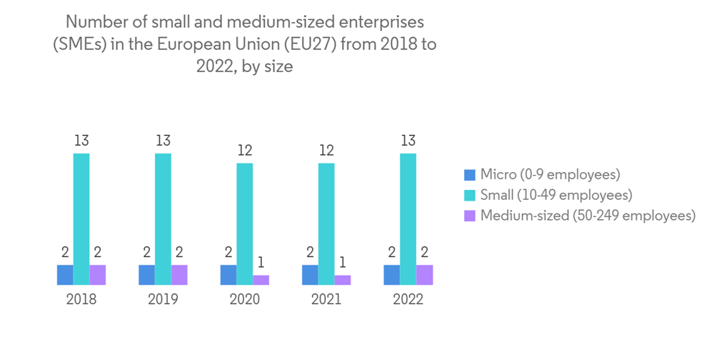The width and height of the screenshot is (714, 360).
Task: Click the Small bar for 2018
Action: click(x=81, y=219)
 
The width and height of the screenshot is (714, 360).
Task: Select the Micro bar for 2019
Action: click(x=146, y=275)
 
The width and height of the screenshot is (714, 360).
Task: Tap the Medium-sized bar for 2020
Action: click(x=261, y=280)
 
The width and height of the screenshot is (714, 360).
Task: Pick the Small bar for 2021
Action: click(x=326, y=224)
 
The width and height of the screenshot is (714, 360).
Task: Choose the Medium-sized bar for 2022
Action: click(x=424, y=275)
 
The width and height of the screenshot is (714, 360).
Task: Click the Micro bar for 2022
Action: click(x=391, y=275)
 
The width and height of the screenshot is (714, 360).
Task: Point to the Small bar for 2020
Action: click(x=245, y=224)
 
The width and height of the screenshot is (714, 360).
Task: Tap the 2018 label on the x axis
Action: click(x=81, y=299)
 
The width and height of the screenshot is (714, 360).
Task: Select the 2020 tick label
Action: click(x=245, y=299)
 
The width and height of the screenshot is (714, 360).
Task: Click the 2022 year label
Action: click(x=408, y=299)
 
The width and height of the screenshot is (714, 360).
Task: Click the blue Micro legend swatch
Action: click(x=469, y=174)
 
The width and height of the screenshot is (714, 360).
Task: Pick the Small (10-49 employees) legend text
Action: click(x=556, y=194)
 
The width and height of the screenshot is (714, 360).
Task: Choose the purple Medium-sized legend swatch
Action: click(x=469, y=215)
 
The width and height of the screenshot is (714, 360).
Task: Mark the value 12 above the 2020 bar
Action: click(x=245, y=150)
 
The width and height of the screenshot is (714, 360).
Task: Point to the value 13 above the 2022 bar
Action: click(x=408, y=140)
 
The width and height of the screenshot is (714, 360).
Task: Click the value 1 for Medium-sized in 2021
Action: click(x=343, y=262)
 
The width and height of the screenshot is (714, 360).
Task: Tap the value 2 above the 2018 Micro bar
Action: click(x=65, y=251)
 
